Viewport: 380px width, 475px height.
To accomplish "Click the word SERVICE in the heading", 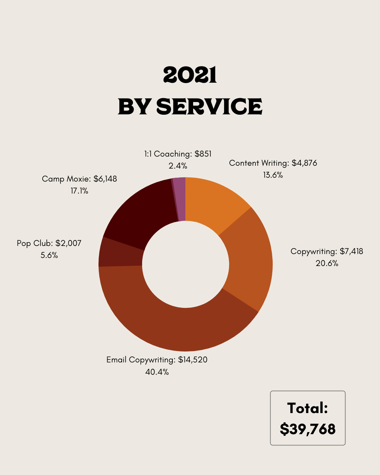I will pos(209,107).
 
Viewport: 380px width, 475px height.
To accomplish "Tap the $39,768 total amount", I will pos(308,429).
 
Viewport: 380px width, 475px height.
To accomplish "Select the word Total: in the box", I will pos(308,408).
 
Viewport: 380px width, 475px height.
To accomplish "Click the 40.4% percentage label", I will pos(157,372).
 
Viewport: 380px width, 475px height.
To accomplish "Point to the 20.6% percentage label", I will pos(327,263).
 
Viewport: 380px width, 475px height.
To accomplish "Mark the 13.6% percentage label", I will pos(273,175).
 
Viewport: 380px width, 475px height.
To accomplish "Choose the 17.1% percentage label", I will pos(80,191).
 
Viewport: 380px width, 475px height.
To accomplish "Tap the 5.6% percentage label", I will pos(49,255).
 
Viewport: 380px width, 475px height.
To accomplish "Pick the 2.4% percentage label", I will pos(178,166).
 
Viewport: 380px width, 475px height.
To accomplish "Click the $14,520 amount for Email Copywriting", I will pos(193,360).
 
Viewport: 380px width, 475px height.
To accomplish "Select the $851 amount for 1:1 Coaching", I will pos(203,154).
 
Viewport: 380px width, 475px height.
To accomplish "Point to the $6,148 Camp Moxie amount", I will pos(105,179).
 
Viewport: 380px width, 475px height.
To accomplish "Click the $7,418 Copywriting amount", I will pos(351,251).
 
